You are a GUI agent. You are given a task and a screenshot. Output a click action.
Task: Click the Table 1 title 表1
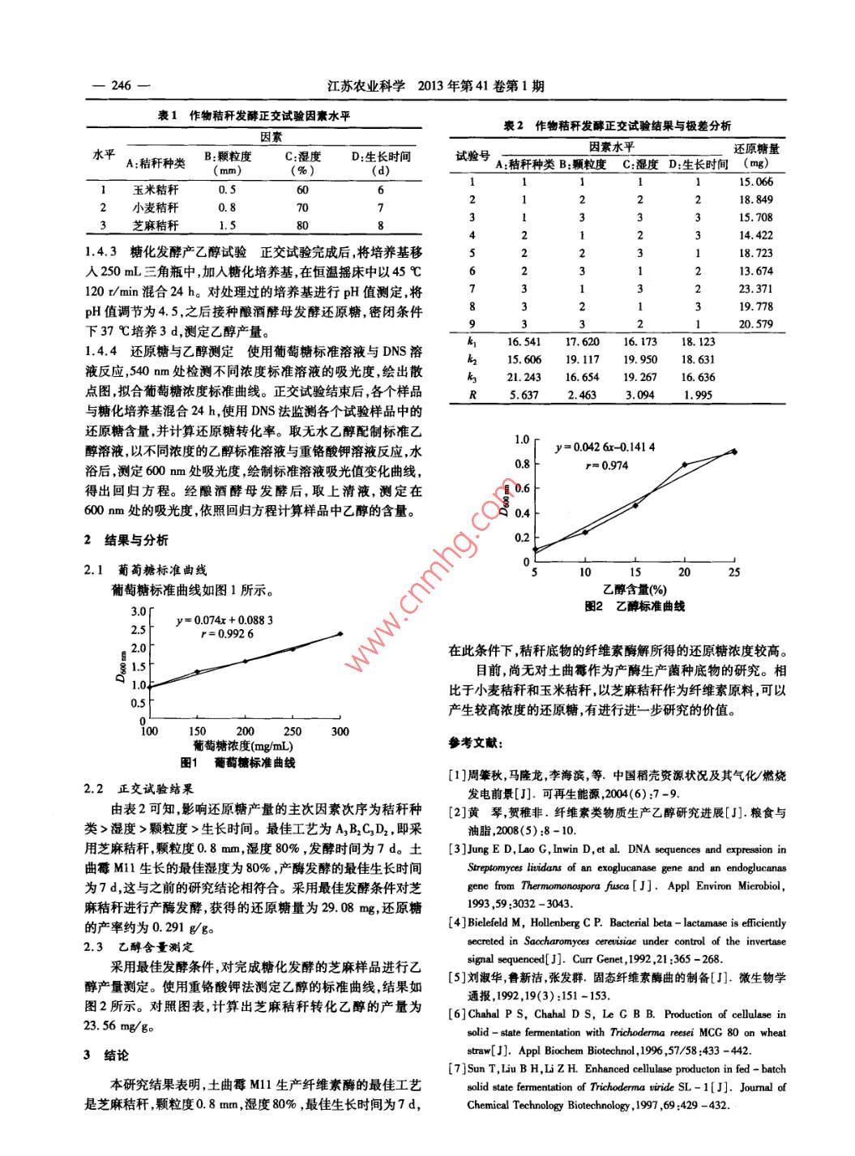point(167,116)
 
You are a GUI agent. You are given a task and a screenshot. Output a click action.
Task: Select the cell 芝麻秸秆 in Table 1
point(156,225)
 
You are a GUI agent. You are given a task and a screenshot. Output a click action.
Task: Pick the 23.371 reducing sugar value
point(756,289)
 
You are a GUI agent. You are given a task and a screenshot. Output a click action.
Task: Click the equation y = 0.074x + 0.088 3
point(224,620)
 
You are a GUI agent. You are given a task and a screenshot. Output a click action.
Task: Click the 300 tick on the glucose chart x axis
point(340,731)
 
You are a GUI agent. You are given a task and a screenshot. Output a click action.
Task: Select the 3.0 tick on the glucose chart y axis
point(138,610)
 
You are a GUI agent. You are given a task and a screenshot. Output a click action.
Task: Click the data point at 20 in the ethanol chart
point(685,465)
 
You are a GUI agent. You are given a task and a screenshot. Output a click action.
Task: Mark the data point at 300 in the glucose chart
point(340,633)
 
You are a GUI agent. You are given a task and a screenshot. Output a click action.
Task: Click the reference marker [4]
point(458,923)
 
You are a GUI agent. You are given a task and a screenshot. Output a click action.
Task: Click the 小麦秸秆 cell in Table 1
point(156,208)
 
